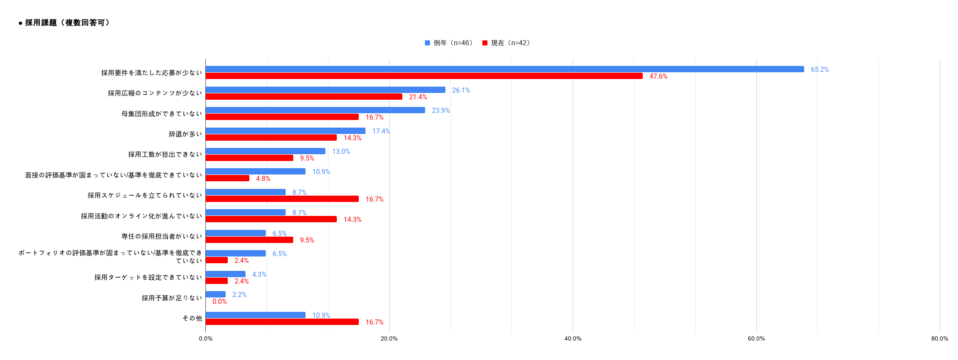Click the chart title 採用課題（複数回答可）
[68, 23]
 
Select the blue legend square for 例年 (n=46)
[427, 43]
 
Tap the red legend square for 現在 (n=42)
[485, 43]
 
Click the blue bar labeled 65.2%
[505, 69]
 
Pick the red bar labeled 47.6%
[424, 76]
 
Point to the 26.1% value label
[461, 90]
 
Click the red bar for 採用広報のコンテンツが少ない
[304, 97]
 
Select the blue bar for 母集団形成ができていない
[315, 110]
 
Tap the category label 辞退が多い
[185, 134]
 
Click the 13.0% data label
[341, 151]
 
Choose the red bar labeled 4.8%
[227, 178]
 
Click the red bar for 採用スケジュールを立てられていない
[282, 199]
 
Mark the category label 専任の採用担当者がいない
[161, 236]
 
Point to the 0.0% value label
[219, 301]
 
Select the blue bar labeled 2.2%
[216, 295]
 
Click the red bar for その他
[282, 322]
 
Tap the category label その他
[192, 318]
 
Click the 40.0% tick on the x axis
[573, 338]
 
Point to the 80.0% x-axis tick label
[939, 338]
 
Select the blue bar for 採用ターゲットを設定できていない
[225, 274]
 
